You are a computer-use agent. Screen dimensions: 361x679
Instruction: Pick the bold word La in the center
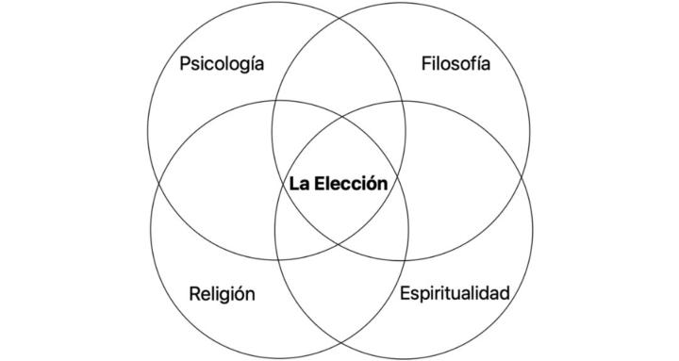(x=301, y=183)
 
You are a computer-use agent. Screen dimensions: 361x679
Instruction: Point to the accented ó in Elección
(x=373, y=183)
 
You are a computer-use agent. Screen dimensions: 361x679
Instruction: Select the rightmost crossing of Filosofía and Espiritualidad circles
(x=524, y=181)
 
